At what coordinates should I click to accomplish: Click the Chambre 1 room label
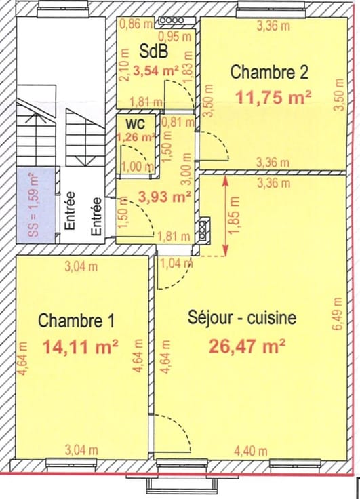76,320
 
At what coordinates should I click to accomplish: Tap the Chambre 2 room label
269,72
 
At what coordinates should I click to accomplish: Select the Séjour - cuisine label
242,317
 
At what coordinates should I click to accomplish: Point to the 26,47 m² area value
247,346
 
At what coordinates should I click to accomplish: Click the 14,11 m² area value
81,347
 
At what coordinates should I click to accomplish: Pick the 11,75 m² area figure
273,97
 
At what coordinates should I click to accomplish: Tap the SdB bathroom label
153,52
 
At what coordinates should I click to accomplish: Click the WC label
136,123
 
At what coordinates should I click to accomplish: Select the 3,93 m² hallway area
165,197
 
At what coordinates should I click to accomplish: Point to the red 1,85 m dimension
235,216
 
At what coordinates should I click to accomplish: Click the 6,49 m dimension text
338,314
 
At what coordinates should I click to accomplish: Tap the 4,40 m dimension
250,451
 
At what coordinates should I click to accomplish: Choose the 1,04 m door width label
177,264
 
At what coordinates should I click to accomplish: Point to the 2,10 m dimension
125,65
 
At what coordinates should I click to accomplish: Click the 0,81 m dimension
178,121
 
